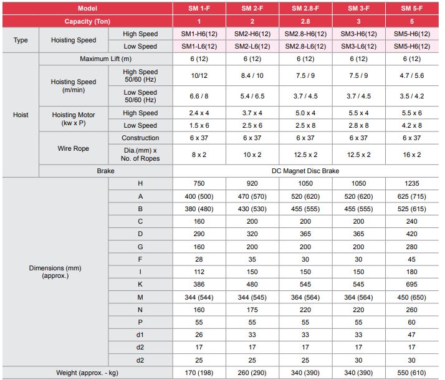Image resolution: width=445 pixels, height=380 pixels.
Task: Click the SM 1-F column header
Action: click(x=199, y=9)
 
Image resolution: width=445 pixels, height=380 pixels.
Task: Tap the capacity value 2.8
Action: click(x=305, y=21)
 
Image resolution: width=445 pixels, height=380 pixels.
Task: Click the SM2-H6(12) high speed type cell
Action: click(x=252, y=34)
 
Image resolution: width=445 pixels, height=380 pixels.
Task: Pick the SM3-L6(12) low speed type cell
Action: click(x=359, y=46)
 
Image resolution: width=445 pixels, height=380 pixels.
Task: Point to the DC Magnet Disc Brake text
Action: click(x=305, y=171)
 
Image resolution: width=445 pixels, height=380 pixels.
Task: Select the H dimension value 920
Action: click(x=252, y=184)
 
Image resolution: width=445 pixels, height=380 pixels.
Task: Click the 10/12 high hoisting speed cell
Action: click(x=199, y=75)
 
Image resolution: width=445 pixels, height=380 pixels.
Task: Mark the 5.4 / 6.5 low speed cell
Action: click(x=252, y=97)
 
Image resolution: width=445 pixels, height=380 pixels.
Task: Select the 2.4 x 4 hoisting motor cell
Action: click(x=199, y=113)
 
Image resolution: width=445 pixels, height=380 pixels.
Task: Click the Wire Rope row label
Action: click(x=74, y=148)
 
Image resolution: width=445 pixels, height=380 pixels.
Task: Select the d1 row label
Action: click(x=140, y=335)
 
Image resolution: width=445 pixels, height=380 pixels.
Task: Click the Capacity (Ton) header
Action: click(x=87, y=21)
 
